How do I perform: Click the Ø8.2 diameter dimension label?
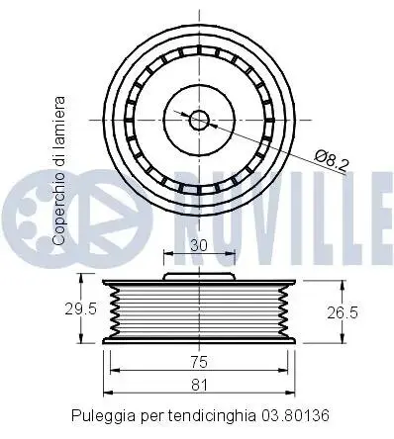pos(331,160)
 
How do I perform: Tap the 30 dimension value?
pos(199,245)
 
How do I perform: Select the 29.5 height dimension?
pos(80,309)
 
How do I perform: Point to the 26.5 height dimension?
pos(343,312)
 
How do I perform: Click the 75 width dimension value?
pos(199,362)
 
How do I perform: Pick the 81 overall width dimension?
pos(199,385)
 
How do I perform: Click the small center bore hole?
pos(199,120)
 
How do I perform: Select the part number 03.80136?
pos(295,415)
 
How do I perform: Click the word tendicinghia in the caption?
pos(212,416)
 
